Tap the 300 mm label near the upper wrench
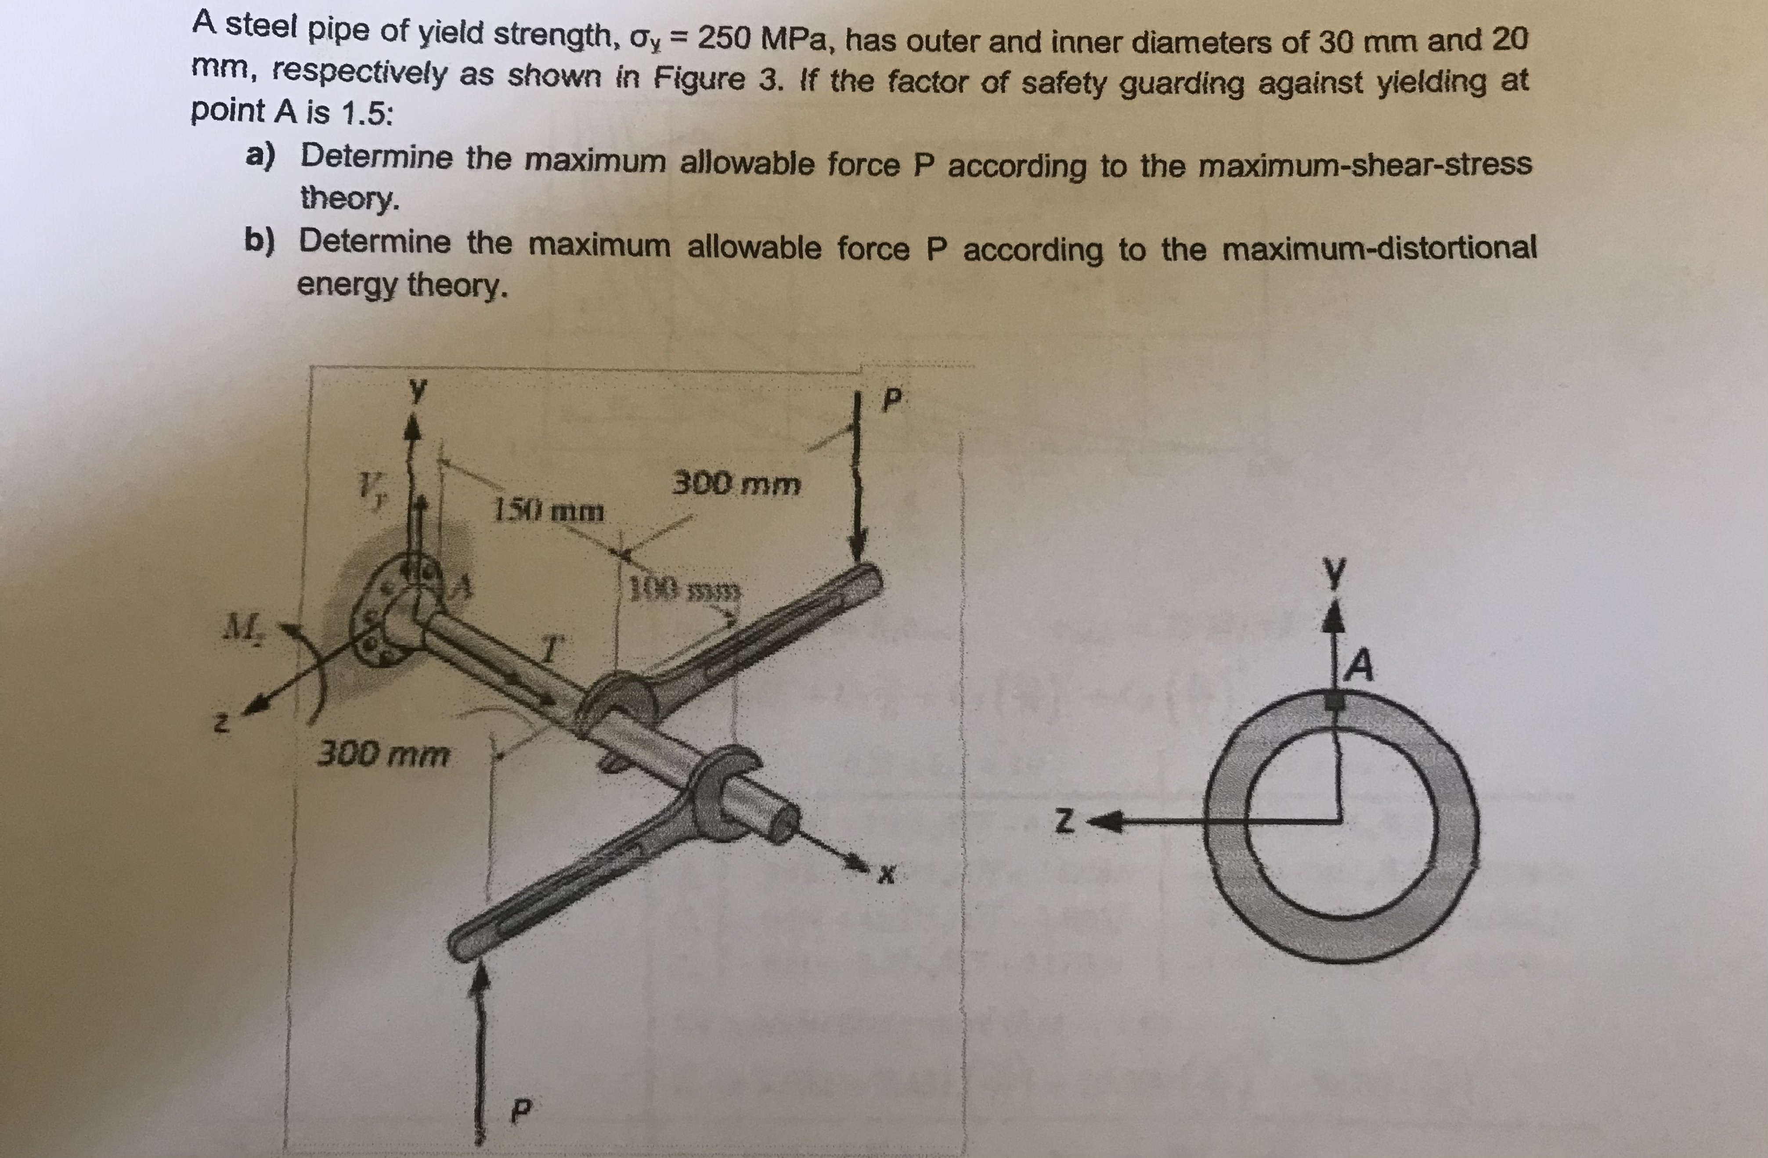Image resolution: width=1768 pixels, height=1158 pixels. [x=736, y=485]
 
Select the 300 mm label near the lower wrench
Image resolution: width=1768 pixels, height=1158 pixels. [x=383, y=755]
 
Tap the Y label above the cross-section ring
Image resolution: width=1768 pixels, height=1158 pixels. [x=1335, y=574]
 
